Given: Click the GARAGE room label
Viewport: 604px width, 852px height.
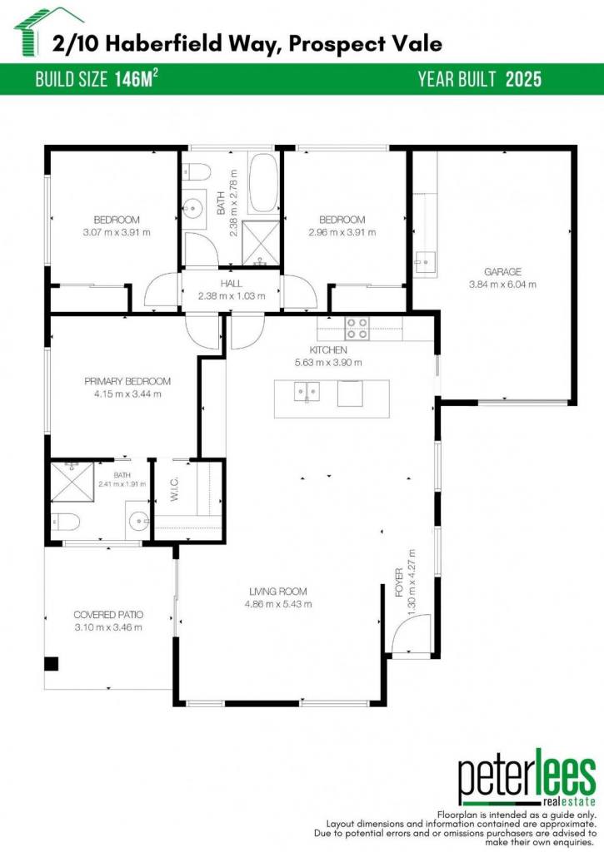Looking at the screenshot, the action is [x=503, y=272].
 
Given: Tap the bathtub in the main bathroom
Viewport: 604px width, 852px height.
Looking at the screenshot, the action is [x=263, y=183].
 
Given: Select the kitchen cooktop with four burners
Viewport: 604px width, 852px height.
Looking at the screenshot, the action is [x=357, y=329].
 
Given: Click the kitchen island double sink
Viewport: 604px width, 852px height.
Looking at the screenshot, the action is [x=307, y=391].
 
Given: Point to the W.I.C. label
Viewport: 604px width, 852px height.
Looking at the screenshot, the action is [x=175, y=489].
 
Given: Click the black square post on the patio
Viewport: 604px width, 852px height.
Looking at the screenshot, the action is [x=51, y=664].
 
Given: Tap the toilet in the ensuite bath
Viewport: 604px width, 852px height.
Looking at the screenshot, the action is [x=65, y=522].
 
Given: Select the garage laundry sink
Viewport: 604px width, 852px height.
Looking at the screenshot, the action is [x=424, y=262].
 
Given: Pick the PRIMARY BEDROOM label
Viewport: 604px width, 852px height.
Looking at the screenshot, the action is [x=127, y=381].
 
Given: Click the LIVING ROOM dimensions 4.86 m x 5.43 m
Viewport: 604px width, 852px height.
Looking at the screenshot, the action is [x=278, y=604].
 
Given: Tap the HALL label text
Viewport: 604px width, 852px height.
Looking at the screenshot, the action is [x=232, y=284].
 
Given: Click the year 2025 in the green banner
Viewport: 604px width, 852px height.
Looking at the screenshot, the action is [x=523, y=79].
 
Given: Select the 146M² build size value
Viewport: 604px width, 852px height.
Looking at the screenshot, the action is [x=136, y=79].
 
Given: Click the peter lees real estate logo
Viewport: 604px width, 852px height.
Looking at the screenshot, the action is [x=527, y=777].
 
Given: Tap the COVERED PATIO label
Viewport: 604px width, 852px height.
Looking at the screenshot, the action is [x=108, y=615].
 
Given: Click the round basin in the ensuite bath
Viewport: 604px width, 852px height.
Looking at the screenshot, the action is [x=139, y=521].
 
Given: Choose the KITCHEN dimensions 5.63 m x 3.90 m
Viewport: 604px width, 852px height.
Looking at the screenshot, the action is [x=328, y=363].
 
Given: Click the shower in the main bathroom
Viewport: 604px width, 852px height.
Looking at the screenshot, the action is [x=260, y=244].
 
